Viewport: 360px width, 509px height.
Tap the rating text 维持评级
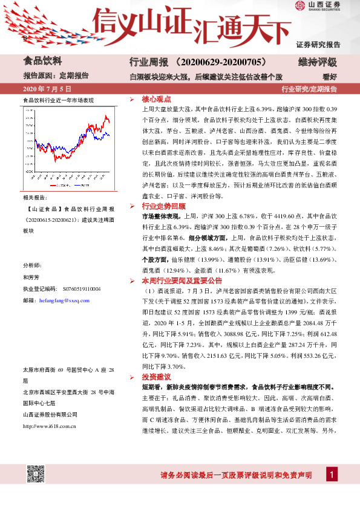pos(318,62)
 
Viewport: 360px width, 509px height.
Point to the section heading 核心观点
pos(157,98)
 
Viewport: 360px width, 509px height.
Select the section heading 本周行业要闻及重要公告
pos(182,281)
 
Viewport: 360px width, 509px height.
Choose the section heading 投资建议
pos(157,377)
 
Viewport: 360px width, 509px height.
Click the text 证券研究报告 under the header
pos(319,45)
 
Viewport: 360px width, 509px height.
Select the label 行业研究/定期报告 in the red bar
pos(309,89)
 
